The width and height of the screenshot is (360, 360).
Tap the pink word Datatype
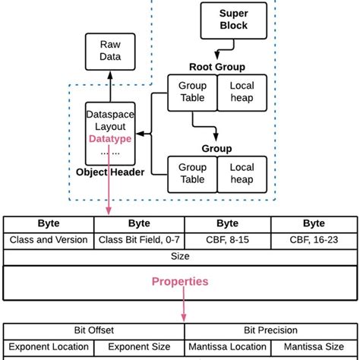[110, 139]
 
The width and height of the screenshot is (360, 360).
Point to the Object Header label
[111, 172]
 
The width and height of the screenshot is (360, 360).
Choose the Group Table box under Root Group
[192, 93]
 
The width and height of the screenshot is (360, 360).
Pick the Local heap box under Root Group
[242, 93]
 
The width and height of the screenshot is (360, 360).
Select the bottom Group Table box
[192, 173]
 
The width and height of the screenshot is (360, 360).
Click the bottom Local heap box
[242, 173]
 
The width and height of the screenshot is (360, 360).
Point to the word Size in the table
[180, 257]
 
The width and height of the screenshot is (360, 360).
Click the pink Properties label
[180, 281]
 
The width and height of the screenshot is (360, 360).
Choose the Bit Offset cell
[93, 330]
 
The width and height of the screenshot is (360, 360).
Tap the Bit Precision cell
[270, 330]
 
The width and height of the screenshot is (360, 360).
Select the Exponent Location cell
[49, 347]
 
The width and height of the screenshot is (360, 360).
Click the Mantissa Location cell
[227, 347]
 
